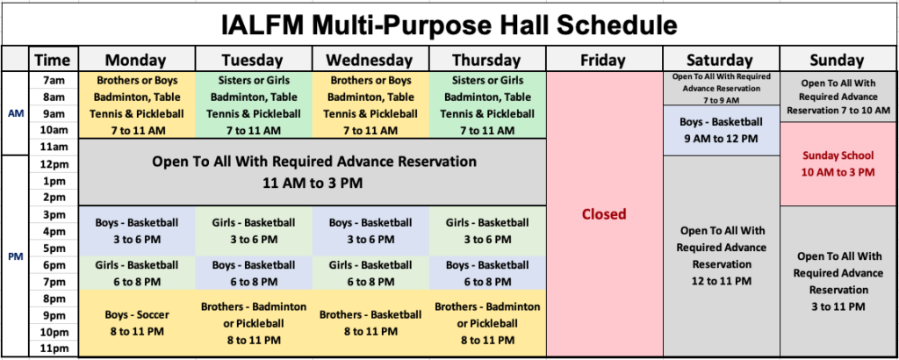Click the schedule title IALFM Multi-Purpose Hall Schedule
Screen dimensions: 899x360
click(x=449, y=25)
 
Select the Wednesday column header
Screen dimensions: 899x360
click(x=371, y=59)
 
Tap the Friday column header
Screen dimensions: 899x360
click(x=604, y=59)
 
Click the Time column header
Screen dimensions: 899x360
click(x=53, y=59)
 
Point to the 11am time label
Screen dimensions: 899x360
click(x=54, y=147)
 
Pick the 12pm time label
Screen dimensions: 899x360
click(x=54, y=164)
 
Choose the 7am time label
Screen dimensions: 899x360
click(x=54, y=81)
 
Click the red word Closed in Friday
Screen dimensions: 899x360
click(x=604, y=214)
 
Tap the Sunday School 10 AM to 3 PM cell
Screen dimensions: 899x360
click(x=838, y=164)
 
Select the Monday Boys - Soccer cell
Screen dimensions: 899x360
click(x=137, y=323)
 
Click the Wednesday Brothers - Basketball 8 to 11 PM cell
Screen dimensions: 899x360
click(x=371, y=323)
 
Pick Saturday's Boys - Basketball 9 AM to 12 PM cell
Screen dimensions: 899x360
click(x=722, y=131)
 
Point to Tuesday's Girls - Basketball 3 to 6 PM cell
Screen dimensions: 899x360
click(x=254, y=231)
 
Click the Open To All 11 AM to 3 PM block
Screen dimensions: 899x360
click(x=313, y=173)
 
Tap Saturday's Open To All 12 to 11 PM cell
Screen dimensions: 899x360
click(x=722, y=256)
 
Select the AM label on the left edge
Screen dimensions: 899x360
click(x=16, y=113)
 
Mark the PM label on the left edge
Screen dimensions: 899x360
click(x=16, y=256)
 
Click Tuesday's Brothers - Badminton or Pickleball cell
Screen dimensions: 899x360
click(x=254, y=323)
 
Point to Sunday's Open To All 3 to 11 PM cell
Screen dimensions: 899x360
click(x=838, y=282)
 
